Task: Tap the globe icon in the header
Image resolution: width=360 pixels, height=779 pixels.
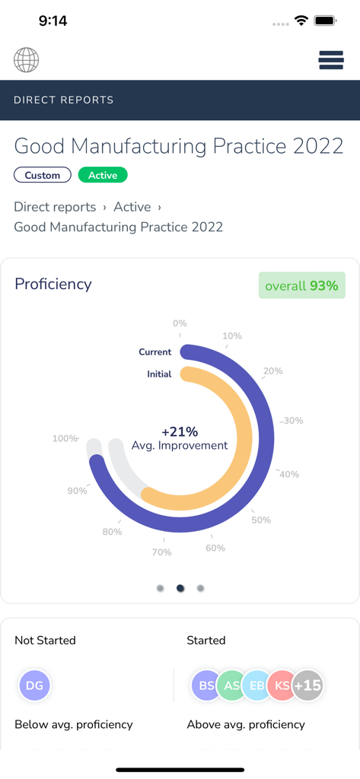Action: (26, 60)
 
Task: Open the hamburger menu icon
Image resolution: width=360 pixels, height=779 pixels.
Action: (331, 60)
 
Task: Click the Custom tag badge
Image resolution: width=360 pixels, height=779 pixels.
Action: (43, 175)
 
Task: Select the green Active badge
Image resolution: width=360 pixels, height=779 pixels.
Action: (103, 175)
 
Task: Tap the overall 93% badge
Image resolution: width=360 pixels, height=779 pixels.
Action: (302, 286)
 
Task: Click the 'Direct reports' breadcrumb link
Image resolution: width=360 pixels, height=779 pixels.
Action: (55, 207)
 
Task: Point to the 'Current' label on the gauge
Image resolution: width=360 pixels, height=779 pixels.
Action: (155, 352)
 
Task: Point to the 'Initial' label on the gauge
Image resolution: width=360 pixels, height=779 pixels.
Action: (159, 374)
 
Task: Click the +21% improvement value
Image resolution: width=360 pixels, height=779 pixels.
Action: (180, 432)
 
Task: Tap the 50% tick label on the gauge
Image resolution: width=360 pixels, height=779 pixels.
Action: (261, 520)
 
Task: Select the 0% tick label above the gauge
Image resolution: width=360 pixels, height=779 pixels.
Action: (180, 323)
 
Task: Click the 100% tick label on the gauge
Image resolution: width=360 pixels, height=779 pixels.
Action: (65, 439)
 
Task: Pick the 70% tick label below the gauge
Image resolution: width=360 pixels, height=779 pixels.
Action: (161, 552)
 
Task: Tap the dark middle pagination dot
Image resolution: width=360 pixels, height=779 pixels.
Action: (180, 588)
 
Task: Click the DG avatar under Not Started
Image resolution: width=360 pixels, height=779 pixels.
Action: (34, 685)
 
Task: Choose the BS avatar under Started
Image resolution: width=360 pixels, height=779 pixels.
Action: (205, 685)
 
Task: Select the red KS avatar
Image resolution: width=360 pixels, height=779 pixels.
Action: (282, 685)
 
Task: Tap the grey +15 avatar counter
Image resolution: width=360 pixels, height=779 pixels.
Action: (308, 685)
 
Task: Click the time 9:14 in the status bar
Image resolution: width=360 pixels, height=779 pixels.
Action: (53, 21)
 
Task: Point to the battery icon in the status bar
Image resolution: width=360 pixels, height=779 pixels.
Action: (325, 21)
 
